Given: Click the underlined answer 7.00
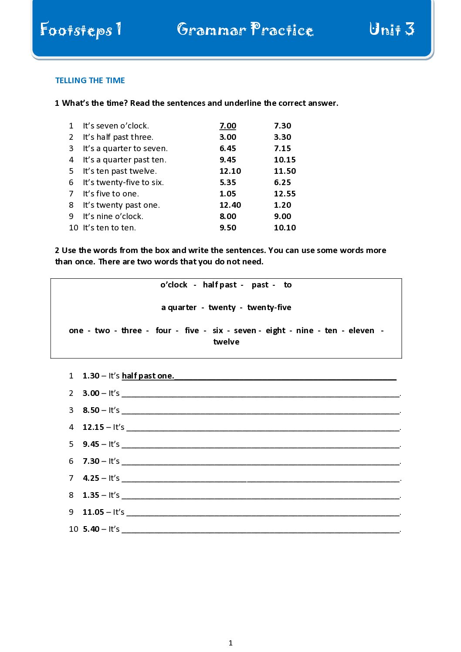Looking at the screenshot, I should (x=227, y=126).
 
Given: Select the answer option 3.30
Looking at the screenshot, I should (x=282, y=137).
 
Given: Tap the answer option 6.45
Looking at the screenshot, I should (x=227, y=149).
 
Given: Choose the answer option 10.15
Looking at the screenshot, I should (x=285, y=160).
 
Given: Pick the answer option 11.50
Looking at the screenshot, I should (x=285, y=171).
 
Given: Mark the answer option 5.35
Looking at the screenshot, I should (x=227, y=182).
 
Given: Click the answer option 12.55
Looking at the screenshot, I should (x=285, y=194).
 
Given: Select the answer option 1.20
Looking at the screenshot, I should (x=282, y=205).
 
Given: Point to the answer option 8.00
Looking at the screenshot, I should (x=227, y=216).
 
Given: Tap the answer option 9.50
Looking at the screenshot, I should (x=227, y=228).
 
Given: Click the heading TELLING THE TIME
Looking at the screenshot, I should (x=90, y=81).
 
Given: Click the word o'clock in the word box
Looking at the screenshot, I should (x=173, y=285).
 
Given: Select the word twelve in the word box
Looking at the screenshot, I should (x=226, y=342).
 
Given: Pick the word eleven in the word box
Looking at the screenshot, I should (x=361, y=331).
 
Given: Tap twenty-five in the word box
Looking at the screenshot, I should (x=269, y=307).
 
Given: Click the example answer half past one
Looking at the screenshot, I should (x=148, y=376).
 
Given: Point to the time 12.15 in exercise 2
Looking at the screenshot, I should (x=93, y=427).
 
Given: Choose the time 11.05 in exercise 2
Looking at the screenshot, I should (x=93, y=512).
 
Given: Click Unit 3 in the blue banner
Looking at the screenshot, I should (x=392, y=29).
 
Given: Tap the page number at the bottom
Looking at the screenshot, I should (x=230, y=643).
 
